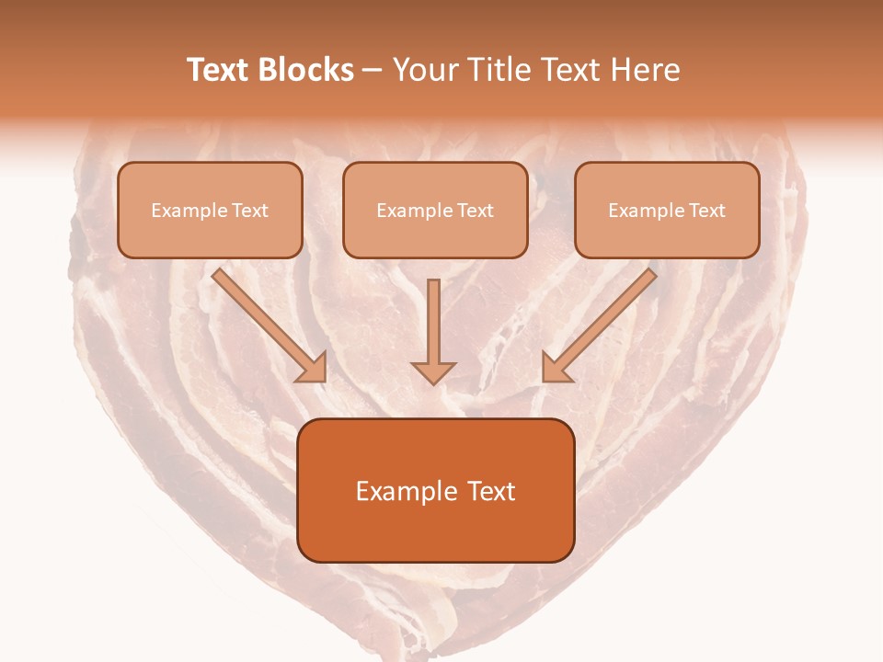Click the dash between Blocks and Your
point(373,71)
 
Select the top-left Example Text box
point(210,210)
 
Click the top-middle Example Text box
point(435,210)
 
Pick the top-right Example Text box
point(667,210)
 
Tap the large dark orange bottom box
point(436,490)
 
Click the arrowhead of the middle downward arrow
point(433,371)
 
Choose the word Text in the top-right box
point(706,211)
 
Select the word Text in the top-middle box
point(475,211)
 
